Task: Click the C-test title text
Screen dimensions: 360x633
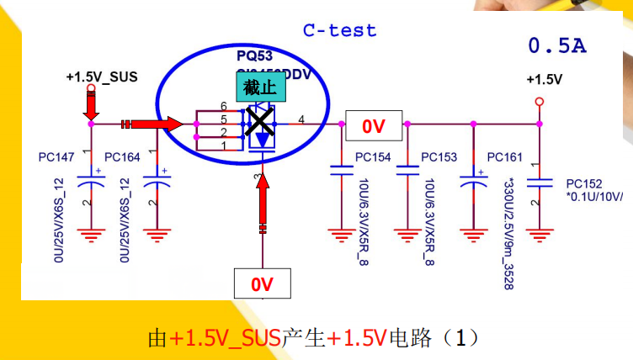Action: click(340, 30)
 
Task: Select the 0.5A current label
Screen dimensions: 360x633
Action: click(556, 45)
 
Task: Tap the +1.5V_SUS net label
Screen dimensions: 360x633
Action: click(101, 77)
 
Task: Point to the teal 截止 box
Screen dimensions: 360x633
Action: click(260, 87)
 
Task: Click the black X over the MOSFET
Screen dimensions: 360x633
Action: click(262, 124)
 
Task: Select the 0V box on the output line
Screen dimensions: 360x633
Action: click(373, 126)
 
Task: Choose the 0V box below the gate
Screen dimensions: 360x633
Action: click(263, 284)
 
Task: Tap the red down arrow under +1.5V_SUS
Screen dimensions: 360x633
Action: click(91, 105)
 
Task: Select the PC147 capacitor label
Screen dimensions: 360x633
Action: click(56, 157)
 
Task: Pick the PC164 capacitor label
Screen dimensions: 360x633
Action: click(123, 157)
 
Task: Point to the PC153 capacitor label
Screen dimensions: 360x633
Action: click(439, 157)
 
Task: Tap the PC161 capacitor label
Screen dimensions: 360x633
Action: click(505, 157)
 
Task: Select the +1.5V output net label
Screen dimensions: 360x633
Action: click(544, 80)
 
